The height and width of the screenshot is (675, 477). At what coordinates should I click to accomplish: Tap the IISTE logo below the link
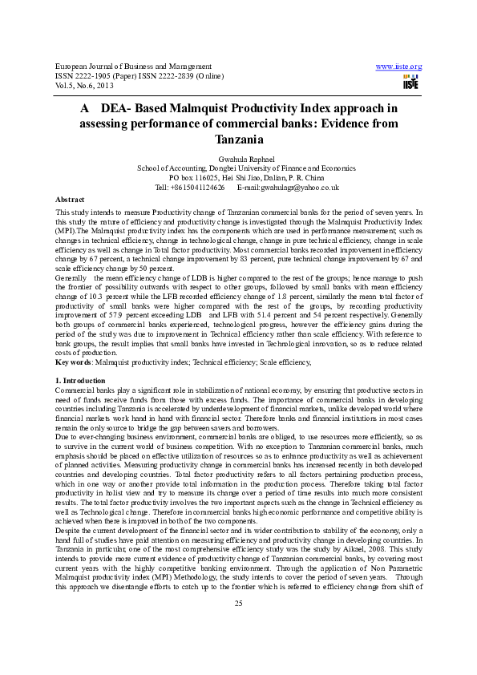click(x=410, y=83)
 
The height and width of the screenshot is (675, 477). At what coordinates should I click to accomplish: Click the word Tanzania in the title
click(x=238, y=139)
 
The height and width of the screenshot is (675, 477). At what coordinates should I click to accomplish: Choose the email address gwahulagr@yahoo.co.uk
click(x=301, y=188)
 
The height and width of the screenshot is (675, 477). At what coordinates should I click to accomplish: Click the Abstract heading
click(x=70, y=198)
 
